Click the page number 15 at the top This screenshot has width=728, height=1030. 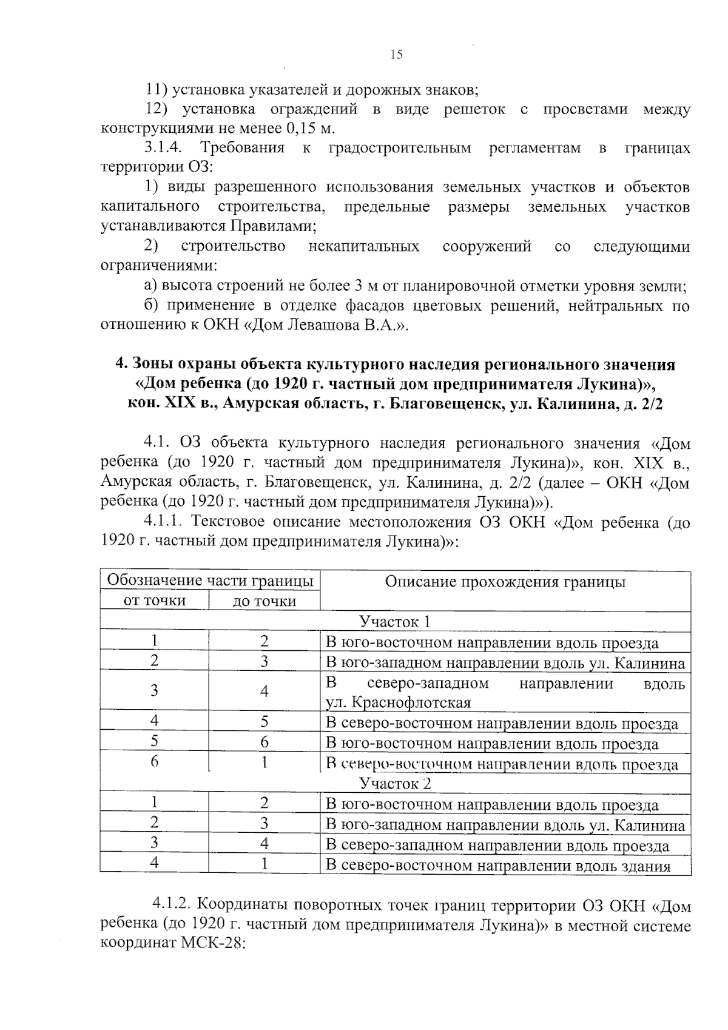point(396,55)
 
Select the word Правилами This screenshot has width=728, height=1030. point(272,226)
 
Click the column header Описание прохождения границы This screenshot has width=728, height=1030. point(505,582)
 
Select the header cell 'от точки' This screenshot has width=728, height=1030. point(154,601)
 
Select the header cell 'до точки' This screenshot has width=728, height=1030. point(264,601)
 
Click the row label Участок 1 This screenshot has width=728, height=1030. point(395,622)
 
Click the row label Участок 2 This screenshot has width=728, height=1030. point(395,783)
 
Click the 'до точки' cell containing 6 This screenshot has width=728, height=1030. point(264,742)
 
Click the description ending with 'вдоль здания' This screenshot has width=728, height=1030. point(497,866)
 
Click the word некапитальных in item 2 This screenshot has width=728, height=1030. point(363,246)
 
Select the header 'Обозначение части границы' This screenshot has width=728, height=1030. point(210,581)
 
